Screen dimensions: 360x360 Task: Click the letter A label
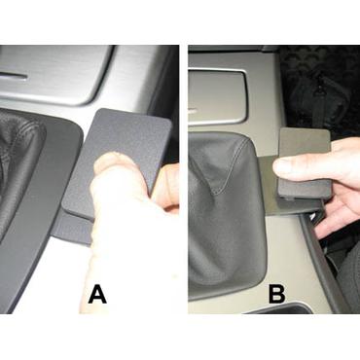(x=97, y=295)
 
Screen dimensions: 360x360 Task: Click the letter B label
(x=276, y=294)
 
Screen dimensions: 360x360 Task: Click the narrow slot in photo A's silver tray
(x=14, y=77)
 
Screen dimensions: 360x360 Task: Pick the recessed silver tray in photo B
(x=218, y=95)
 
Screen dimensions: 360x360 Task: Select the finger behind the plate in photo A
(x=166, y=188)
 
